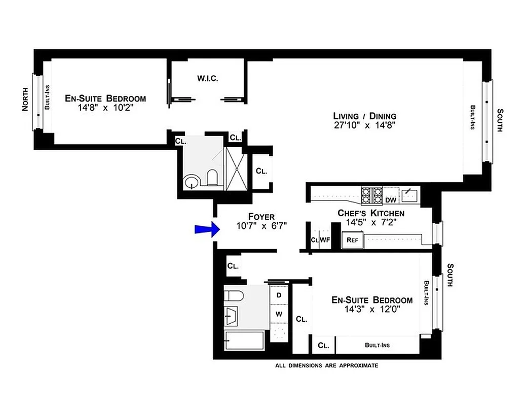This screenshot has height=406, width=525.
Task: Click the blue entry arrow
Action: [x=206, y=230]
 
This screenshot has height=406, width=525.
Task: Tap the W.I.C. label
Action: [x=207, y=79]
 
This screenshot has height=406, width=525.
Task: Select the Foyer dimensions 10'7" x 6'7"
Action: [x=261, y=226]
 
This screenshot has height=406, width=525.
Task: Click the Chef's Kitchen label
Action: [x=371, y=213]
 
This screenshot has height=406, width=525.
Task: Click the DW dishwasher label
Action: [x=390, y=200]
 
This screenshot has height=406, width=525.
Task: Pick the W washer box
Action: [x=279, y=314]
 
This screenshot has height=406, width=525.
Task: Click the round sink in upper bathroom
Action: [x=191, y=181]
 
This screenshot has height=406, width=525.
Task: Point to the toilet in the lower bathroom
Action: [x=234, y=296]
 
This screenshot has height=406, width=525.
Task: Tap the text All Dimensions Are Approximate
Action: [x=326, y=365]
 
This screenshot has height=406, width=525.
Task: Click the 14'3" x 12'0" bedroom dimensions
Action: [x=372, y=309]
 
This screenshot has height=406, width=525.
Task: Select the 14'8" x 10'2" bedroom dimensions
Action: [x=105, y=108]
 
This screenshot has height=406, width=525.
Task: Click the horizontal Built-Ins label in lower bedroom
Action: [x=378, y=346]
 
